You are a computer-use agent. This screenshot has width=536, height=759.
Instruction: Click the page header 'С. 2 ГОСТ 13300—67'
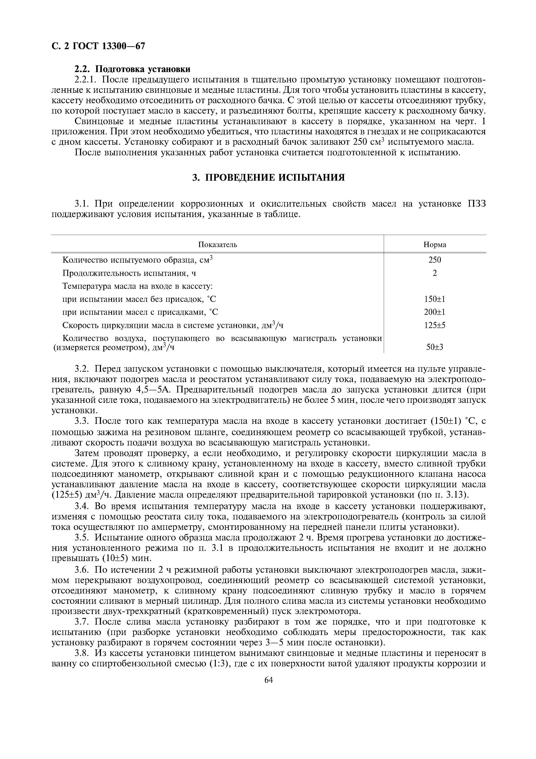(98, 46)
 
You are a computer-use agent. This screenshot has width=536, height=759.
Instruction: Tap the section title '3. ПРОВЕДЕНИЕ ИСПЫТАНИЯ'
(268, 177)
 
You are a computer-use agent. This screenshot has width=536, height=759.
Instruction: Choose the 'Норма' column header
(435, 245)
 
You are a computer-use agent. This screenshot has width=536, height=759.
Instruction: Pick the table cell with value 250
(435, 260)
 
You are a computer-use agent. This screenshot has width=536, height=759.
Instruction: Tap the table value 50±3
(435, 347)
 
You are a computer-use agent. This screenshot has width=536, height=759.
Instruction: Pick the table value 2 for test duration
(435, 273)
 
